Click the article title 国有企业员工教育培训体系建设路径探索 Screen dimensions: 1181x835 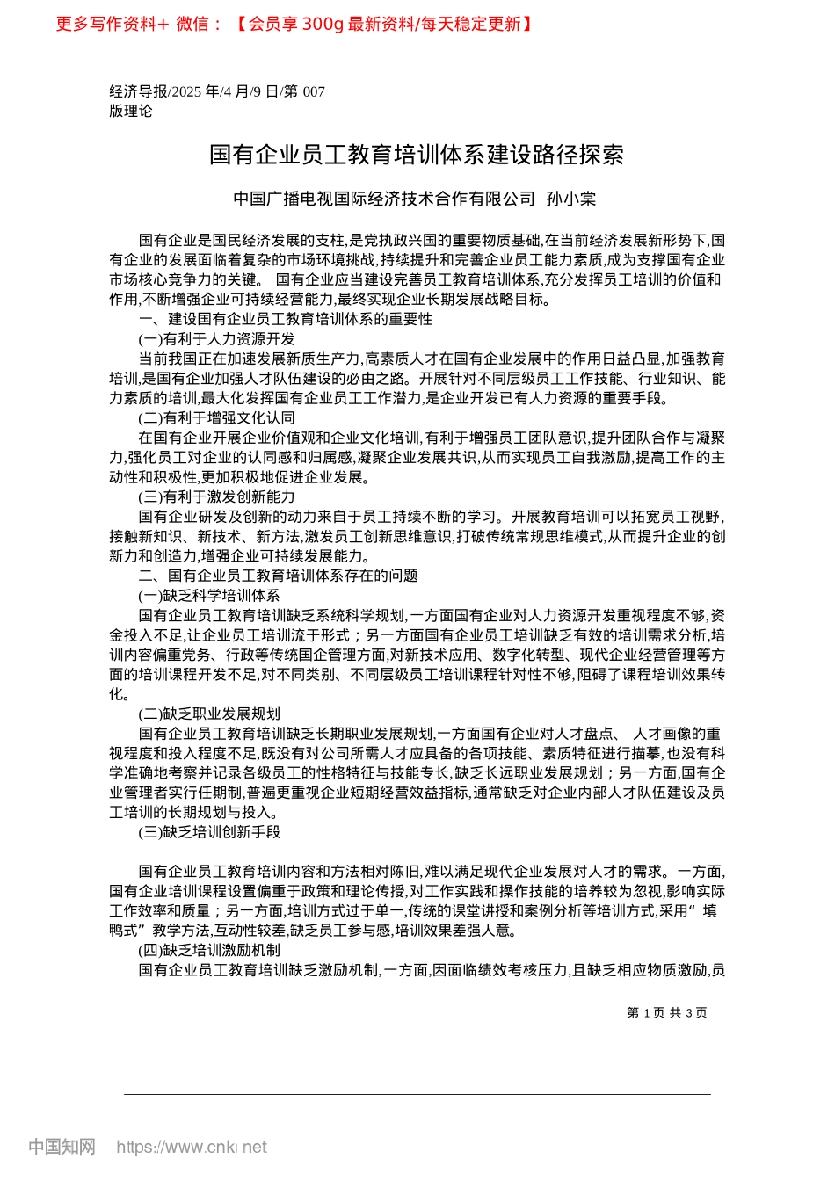click(x=417, y=156)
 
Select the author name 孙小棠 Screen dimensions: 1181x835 click(x=571, y=199)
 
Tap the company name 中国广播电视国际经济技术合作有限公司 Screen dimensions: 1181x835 click(x=384, y=199)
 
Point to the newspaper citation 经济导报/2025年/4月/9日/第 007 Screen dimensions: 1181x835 click(x=217, y=91)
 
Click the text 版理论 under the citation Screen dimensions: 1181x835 click(x=131, y=111)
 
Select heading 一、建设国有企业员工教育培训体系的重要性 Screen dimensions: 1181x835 click(x=286, y=319)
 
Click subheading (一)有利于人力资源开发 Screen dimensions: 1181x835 click(x=217, y=339)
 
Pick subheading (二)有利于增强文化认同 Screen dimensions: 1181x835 click(x=217, y=418)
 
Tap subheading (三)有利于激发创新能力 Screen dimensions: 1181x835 click(x=217, y=497)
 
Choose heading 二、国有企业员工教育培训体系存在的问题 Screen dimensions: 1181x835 click(x=279, y=576)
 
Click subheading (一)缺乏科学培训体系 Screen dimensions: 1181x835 click(x=209, y=596)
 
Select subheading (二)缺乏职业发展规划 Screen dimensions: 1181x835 click(x=209, y=714)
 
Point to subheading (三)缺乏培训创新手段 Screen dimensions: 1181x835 click(x=209, y=831)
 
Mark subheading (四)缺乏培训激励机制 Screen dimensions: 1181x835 click(x=209, y=950)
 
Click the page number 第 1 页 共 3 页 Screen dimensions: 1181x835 click(x=667, y=1012)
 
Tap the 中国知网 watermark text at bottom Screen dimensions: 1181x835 click(x=62, y=1147)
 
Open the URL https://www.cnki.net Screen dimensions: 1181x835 click(x=192, y=1147)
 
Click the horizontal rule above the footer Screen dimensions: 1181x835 click(x=417, y=1094)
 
